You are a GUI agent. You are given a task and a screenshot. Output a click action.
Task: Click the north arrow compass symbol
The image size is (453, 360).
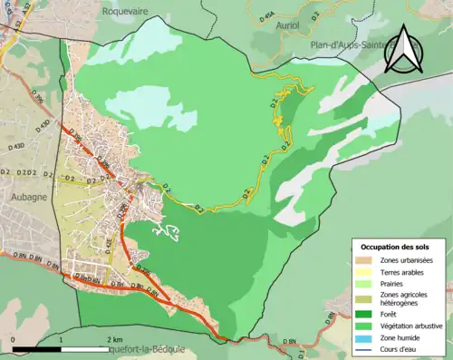pos(406,50)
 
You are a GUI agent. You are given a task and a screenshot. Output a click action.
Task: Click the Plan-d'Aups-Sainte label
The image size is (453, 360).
pos(356,44)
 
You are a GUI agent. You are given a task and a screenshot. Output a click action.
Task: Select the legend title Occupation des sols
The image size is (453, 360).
pos(396,247)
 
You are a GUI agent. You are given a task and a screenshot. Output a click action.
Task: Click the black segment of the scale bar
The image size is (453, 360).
pos(36,348)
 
